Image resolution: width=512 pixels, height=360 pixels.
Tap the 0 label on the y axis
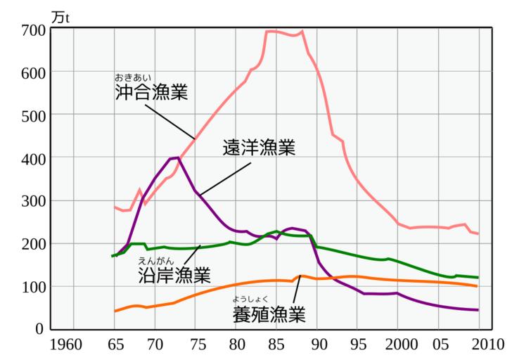point(40,328)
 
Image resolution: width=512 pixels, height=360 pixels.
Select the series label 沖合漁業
point(151,93)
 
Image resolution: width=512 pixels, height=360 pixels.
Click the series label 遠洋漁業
point(258,148)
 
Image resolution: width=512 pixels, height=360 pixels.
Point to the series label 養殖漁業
point(269,314)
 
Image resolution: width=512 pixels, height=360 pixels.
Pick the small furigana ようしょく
point(252,299)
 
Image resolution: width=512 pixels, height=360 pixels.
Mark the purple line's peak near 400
point(177,158)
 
